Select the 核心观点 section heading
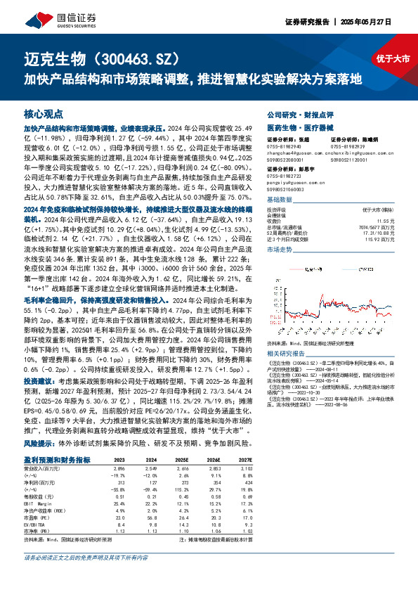(44, 113)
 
